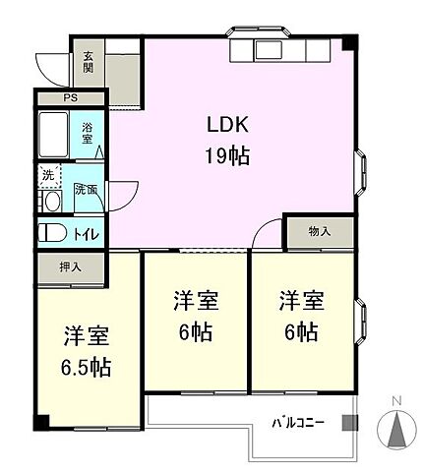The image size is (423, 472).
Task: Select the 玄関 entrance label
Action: pos(88,65)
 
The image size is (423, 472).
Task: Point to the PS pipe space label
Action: pos(70,98)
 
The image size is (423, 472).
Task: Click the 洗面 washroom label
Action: pos(86,189)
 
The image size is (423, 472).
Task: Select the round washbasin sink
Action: pos(51,202)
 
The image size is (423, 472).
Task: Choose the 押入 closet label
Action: pos(69,265)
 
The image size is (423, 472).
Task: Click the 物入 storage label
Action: pos(319,232)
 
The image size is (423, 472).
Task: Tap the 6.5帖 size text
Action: pos(88,368)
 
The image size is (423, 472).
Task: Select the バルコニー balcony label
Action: pos(299,424)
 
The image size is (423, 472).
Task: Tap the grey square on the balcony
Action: pos(346,423)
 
